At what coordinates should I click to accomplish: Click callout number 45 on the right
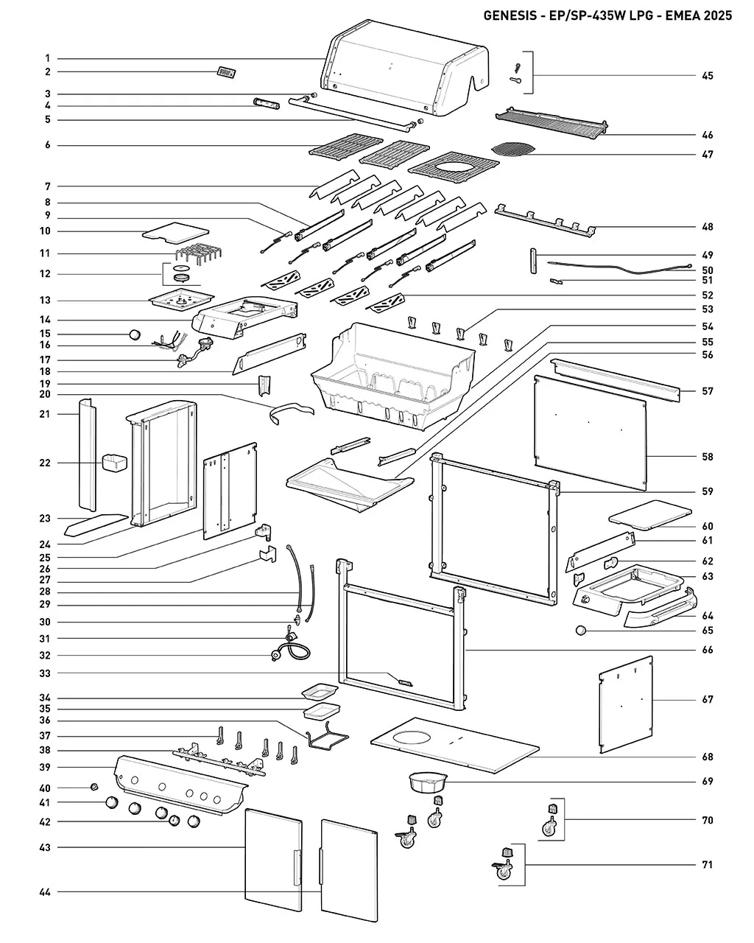707,76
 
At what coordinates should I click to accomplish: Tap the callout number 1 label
48,58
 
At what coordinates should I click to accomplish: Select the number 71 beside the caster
707,865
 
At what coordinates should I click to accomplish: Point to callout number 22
45,463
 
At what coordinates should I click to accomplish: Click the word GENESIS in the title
510,15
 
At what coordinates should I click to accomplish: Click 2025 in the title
718,15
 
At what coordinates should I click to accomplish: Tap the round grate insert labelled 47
513,148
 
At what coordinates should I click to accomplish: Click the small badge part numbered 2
227,72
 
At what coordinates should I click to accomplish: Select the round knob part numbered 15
135,334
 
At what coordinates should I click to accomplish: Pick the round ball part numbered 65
580,631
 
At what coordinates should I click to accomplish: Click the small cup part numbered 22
114,463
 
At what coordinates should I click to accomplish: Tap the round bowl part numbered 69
428,782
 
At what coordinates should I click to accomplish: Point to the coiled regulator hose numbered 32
291,651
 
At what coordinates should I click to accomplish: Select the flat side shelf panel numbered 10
176,232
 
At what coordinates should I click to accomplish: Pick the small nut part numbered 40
94,787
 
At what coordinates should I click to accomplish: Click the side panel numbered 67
626,704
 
